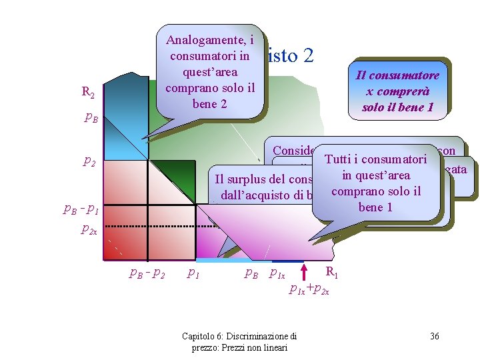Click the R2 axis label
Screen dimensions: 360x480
(87, 93)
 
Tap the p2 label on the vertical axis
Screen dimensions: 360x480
(88, 161)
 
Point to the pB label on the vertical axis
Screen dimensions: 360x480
(91, 118)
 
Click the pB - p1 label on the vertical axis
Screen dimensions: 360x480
(81, 209)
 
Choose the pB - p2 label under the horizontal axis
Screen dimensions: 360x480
(147, 273)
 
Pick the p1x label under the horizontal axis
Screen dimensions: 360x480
(277, 273)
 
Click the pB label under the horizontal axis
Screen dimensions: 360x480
(251, 273)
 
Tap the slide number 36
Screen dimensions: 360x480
(434, 336)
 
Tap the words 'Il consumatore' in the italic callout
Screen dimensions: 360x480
(398, 75)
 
